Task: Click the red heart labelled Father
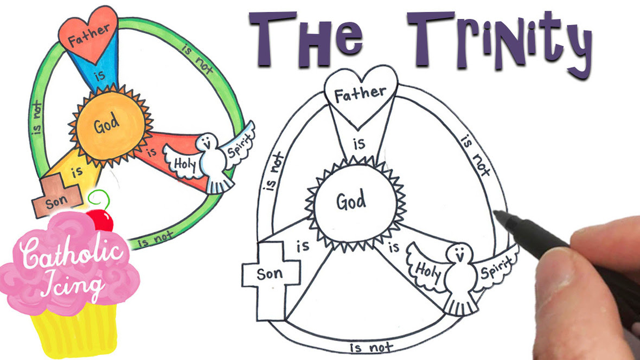88,34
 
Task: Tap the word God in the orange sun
107,124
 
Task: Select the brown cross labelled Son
57,195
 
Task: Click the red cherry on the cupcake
100,220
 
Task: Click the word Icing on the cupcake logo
73,284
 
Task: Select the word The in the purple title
306,39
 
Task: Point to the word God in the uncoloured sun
351,201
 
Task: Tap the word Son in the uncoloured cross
270,273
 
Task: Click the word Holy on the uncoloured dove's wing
427,271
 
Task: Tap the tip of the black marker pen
496,213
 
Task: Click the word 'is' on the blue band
100,75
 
